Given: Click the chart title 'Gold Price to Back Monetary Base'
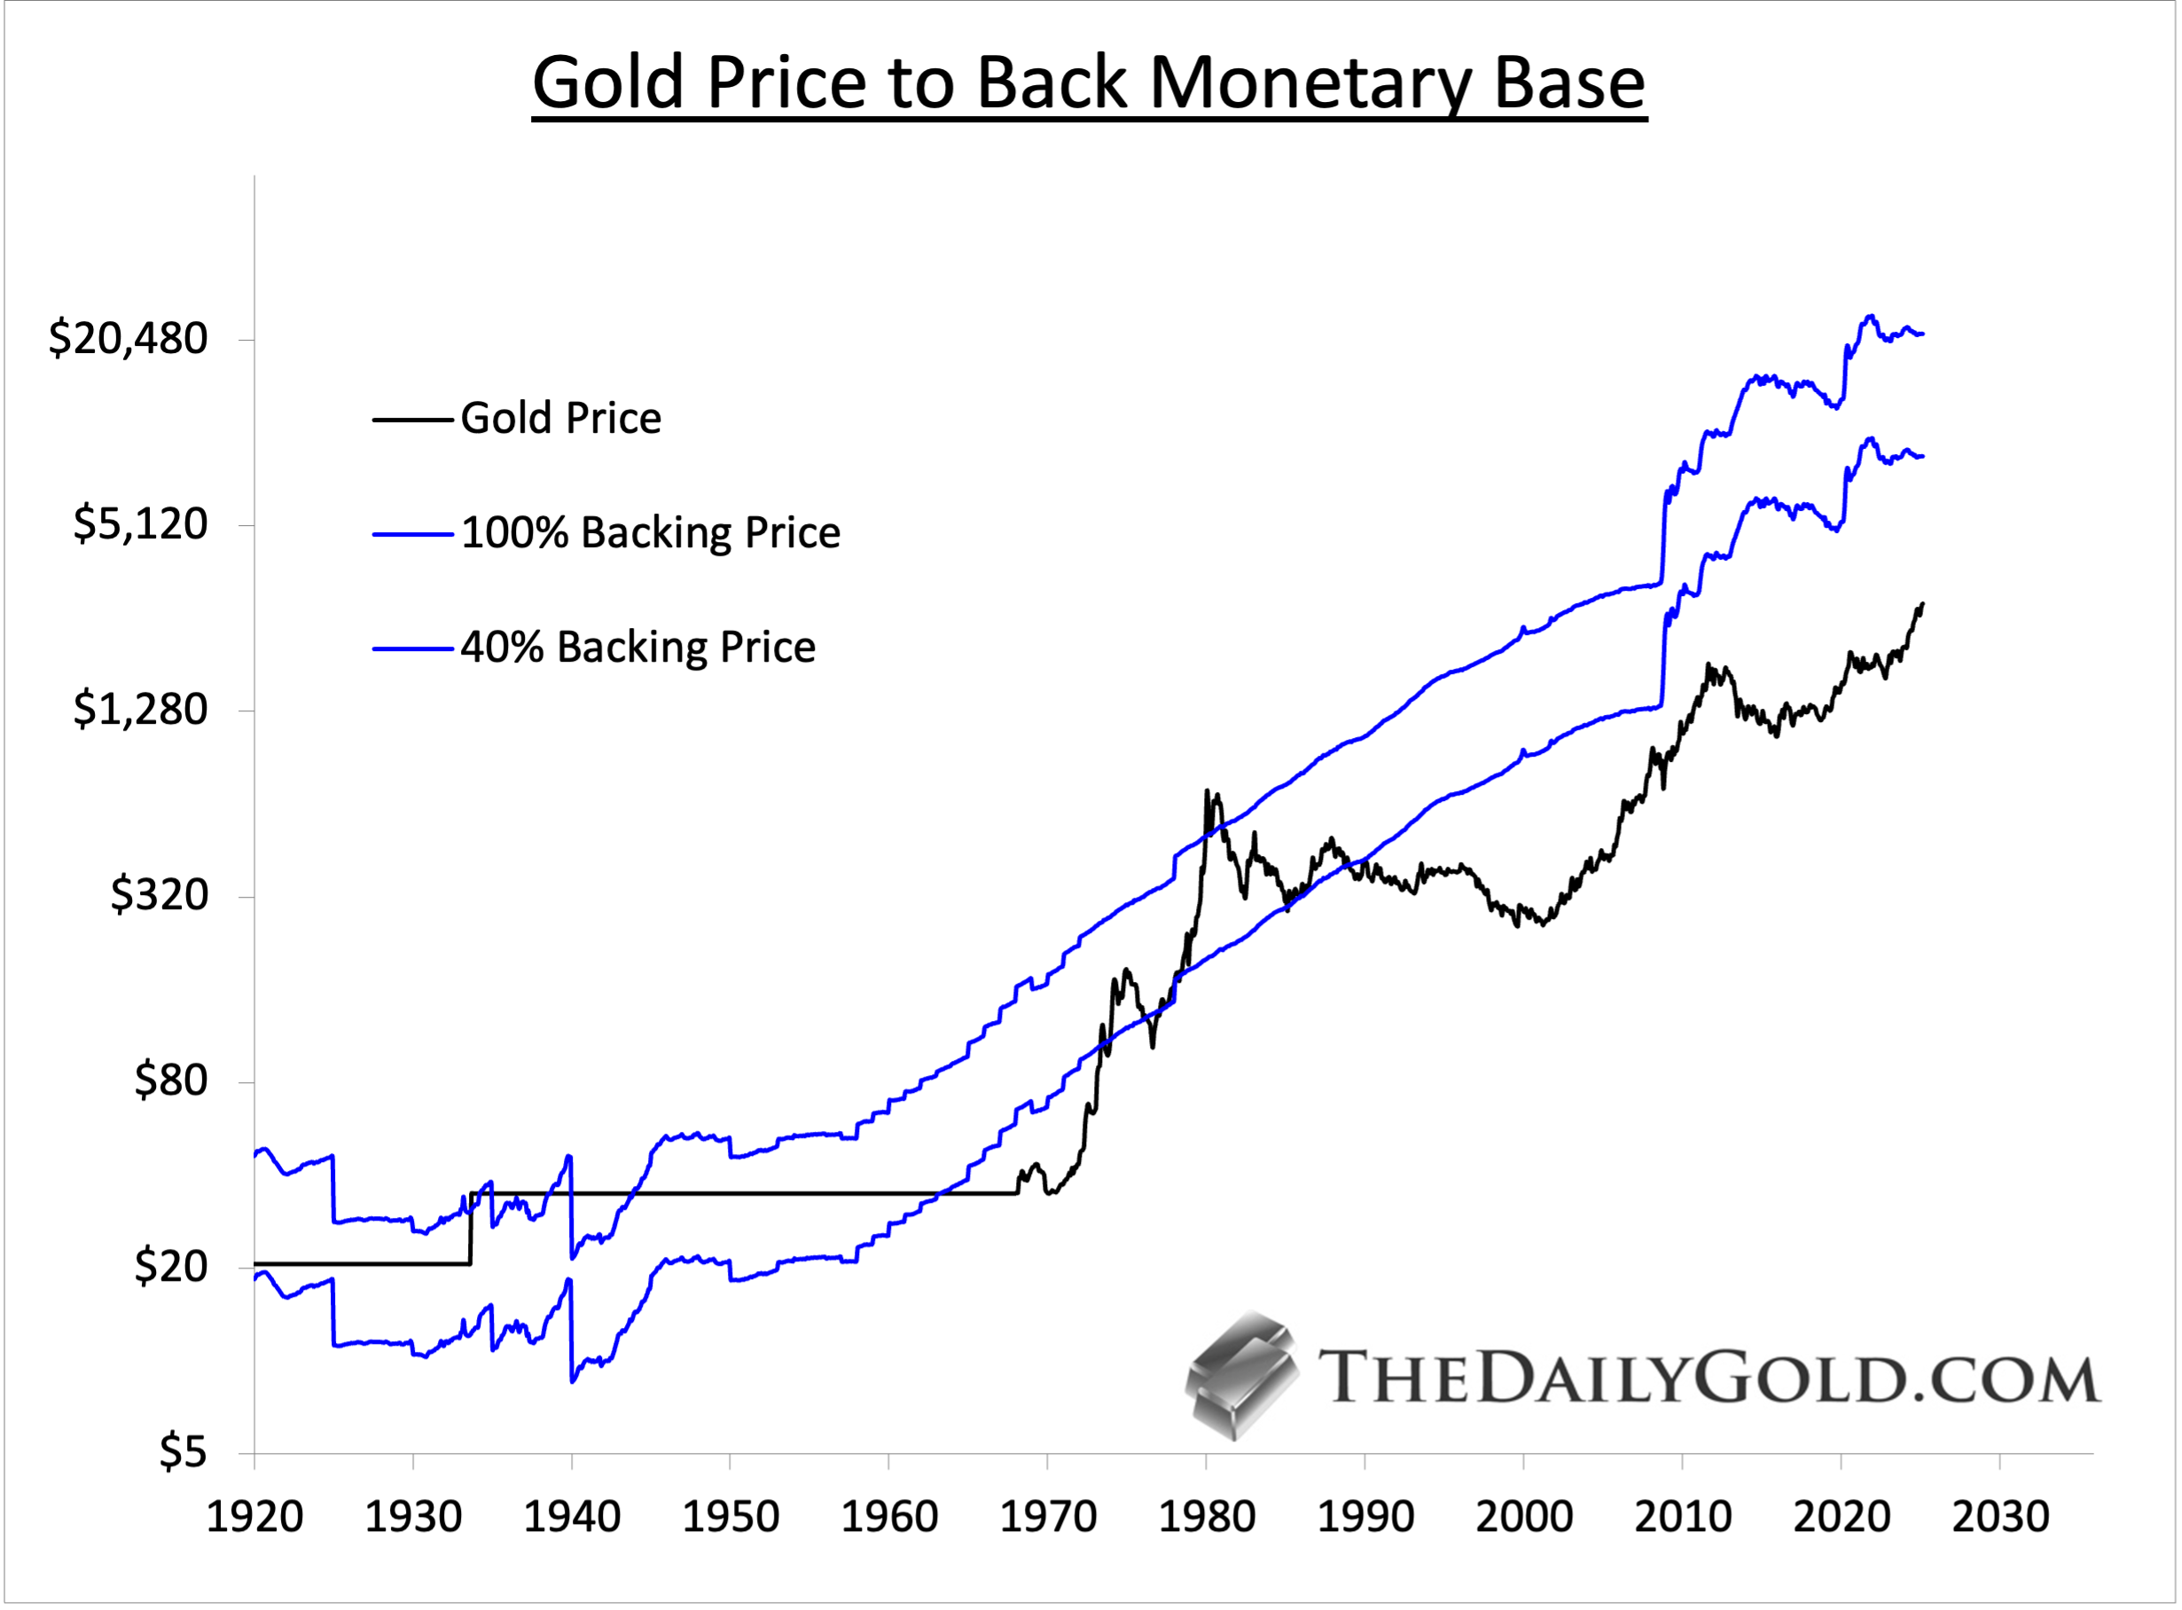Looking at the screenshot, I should coord(1089,82).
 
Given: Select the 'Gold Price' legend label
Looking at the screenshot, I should coord(561,418).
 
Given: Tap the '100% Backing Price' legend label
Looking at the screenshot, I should coord(650,533).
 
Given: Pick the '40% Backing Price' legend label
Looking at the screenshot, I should coord(638,648).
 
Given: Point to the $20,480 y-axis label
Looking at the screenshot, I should coord(129,338).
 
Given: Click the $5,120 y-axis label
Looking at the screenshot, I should coord(140,524).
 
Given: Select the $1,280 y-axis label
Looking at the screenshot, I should coord(140,709).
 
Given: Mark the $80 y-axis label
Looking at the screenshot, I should coord(170,1080).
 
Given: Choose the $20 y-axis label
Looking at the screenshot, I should coord(170,1266).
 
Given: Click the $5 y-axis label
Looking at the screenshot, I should coord(184,1452).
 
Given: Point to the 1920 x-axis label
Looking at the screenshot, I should coord(254,1517).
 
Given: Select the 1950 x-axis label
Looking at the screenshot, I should coord(731,1517).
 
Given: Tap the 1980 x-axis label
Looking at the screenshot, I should coord(1206,1517).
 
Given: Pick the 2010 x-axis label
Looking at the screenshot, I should coord(1682,1517).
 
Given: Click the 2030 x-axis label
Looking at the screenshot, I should coord(2000,1517).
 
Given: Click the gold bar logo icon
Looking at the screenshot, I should coord(1242,1376).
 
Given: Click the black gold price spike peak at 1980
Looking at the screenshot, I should coord(1207,791).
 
